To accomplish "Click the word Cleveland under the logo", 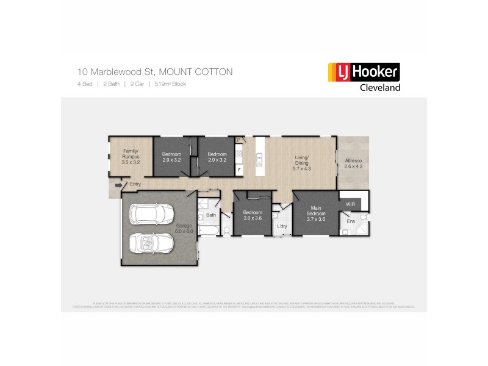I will tap(378, 87).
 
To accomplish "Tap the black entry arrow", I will tap(118, 184).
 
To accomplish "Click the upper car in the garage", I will tap(151, 215).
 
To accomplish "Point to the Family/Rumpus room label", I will tap(131, 157).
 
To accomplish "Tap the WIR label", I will tap(350, 204).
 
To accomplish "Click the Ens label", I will tap(351, 221).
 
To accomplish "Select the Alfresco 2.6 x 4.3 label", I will tap(353, 163).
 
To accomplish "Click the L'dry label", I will tap(282, 227).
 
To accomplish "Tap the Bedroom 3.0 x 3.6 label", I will tap(252, 215).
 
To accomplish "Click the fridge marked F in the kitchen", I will tap(240, 168).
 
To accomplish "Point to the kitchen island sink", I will tap(259, 160).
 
